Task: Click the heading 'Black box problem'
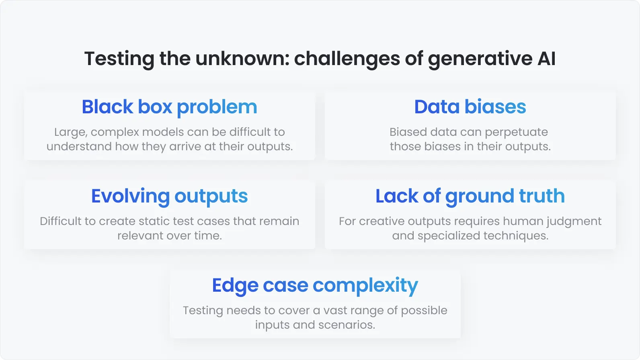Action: pos(169,107)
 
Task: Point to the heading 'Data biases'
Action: pos(470,107)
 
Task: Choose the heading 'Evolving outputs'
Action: pos(169,196)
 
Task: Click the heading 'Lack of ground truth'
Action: pos(470,196)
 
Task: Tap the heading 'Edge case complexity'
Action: pos(315,286)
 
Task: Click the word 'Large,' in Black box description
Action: pos(70,132)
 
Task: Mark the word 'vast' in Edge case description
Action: pos(335,311)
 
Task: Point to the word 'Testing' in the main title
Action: pos(119,59)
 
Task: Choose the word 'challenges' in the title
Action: pos(347,59)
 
